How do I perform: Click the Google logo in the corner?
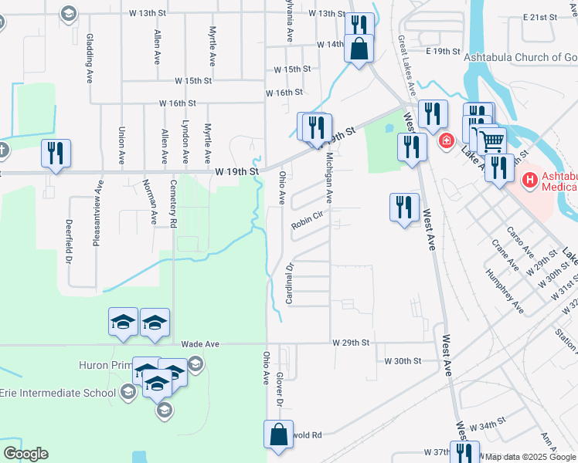point(25,454)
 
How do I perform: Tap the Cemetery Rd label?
point(174,204)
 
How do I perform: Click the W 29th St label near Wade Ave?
point(352,342)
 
